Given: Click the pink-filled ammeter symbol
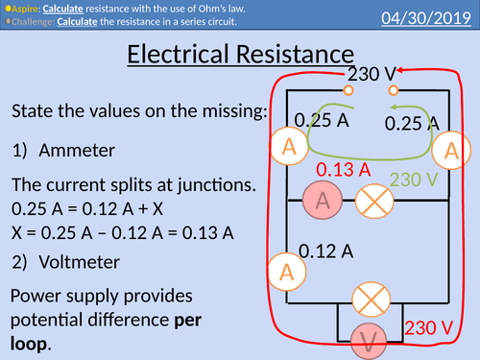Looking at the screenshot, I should click(x=323, y=200).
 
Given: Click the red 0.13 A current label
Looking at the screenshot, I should click(x=344, y=170).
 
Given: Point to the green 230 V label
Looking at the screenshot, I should click(x=415, y=180).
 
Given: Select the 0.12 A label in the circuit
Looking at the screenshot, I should click(x=326, y=252).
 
